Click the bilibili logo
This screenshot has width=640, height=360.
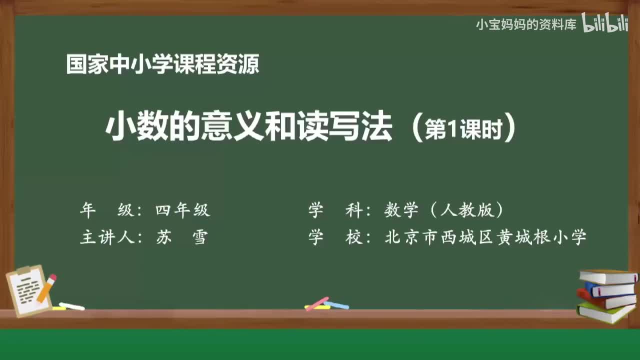(x=605, y=23)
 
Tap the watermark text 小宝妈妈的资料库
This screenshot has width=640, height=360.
(x=525, y=24)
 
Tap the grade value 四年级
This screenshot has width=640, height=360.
(x=182, y=210)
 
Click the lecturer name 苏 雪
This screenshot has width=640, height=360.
(x=181, y=237)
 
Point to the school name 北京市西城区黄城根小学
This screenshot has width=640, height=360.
(x=485, y=237)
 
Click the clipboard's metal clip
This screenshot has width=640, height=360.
(x=24, y=270)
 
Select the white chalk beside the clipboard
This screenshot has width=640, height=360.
(x=72, y=306)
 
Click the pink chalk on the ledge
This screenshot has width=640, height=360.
(x=316, y=303)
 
